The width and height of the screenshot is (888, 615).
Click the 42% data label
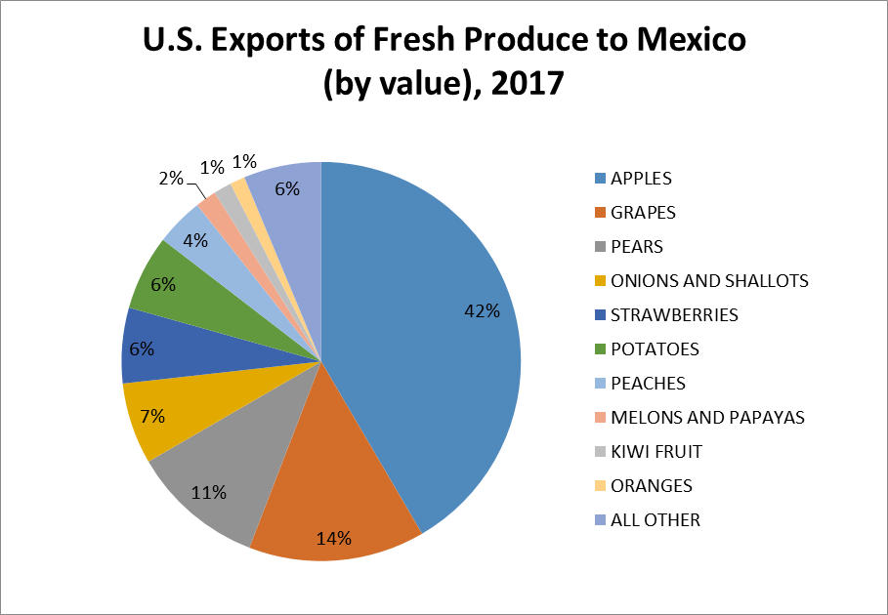(x=482, y=311)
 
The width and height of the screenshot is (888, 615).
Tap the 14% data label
(x=334, y=539)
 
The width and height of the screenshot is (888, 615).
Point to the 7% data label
(x=151, y=416)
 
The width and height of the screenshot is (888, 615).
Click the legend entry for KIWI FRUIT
(x=655, y=452)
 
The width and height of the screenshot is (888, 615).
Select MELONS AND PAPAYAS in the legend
(x=707, y=418)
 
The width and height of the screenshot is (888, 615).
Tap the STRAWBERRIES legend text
(x=674, y=315)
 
